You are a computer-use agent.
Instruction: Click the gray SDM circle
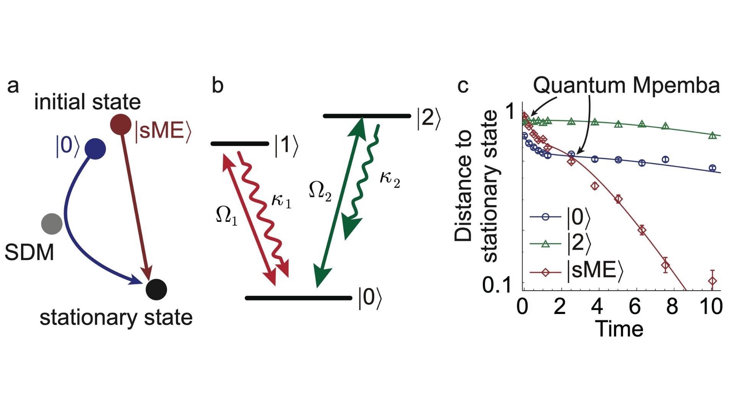(52, 224)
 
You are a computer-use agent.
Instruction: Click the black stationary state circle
(156, 289)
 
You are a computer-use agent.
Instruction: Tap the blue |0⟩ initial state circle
(95, 149)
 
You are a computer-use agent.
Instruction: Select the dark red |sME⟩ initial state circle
(121, 124)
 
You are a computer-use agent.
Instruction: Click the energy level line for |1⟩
(240, 144)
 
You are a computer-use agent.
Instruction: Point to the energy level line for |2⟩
(367, 116)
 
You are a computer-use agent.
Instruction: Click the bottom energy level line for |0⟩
(298, 298)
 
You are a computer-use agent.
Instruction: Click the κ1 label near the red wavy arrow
(281, 200)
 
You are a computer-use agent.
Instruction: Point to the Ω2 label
(320, 191)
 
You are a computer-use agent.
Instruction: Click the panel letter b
(217, 85)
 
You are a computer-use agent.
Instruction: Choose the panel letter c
(463, 86)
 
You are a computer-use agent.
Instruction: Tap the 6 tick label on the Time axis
(635, 306)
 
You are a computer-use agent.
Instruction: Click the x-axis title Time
(619, 329)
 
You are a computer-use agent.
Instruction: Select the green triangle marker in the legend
(546, 244)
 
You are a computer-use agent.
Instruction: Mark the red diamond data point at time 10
(713, 281)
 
